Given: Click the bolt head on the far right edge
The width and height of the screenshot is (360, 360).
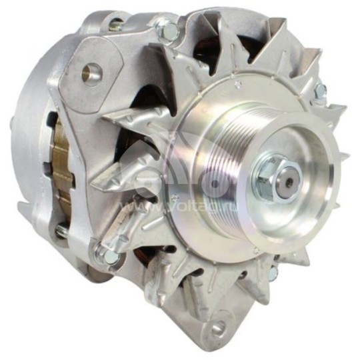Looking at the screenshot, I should (x=321, y=91).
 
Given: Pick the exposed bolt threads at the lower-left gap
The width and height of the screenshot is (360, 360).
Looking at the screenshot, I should (x=62, y=230).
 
